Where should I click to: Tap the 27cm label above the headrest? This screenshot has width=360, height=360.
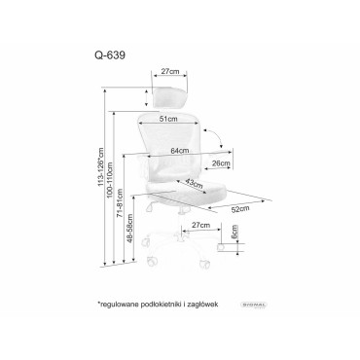click(173, 70)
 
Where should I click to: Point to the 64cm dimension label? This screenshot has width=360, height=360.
click(177, 150)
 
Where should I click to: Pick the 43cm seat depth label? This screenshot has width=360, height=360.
click(196, 184)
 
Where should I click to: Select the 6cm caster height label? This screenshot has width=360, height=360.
click(234, 234)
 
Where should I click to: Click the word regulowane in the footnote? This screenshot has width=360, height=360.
click(121, 305)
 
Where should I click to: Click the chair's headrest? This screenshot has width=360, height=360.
click(173, 93)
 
